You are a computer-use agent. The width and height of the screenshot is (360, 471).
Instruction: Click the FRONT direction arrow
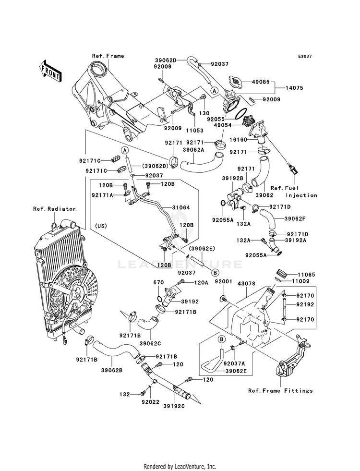pyautogui.click(x=50, y=71)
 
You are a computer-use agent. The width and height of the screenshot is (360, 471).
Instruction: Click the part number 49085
pyautogui.click(x=260, y=82)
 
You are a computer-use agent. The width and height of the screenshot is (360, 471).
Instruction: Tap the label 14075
pyautogui.click(x=294, y=88)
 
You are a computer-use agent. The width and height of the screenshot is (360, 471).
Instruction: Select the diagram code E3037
pyautogui.click(x=304, y=56)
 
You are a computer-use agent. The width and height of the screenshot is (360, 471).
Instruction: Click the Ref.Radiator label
pyautogui.click(x=54, y=209)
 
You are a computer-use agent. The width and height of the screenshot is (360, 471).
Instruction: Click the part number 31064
pyautogui.click(x=181, y=207)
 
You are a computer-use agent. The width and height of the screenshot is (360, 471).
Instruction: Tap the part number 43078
pyautogui.click(x=246, y=284)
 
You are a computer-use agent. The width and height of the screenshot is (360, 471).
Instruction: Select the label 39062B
pyautogui.click(x=112, y=370)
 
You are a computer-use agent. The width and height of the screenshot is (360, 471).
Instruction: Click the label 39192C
pyautogui.click(x=174, y=406)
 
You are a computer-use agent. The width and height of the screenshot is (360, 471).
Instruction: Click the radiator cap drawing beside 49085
pyautogui.click(x=235, y=81)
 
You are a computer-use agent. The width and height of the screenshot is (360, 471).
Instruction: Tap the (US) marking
pyautogui.click(x=101, y=226)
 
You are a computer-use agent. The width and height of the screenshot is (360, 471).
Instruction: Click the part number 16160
pyautogui.click(x=238, y=140)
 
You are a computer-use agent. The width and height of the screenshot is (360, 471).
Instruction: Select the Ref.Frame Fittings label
pyautogui.click(x=280, y=391)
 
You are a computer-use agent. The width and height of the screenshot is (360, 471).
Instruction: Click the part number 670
pyautogui.click(x=158, y=282)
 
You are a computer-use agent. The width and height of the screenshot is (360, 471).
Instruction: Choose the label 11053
pyautogui.click(x=194, y=131)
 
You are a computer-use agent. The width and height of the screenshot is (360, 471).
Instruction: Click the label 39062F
pyautogui.click(x=295, y=218)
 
